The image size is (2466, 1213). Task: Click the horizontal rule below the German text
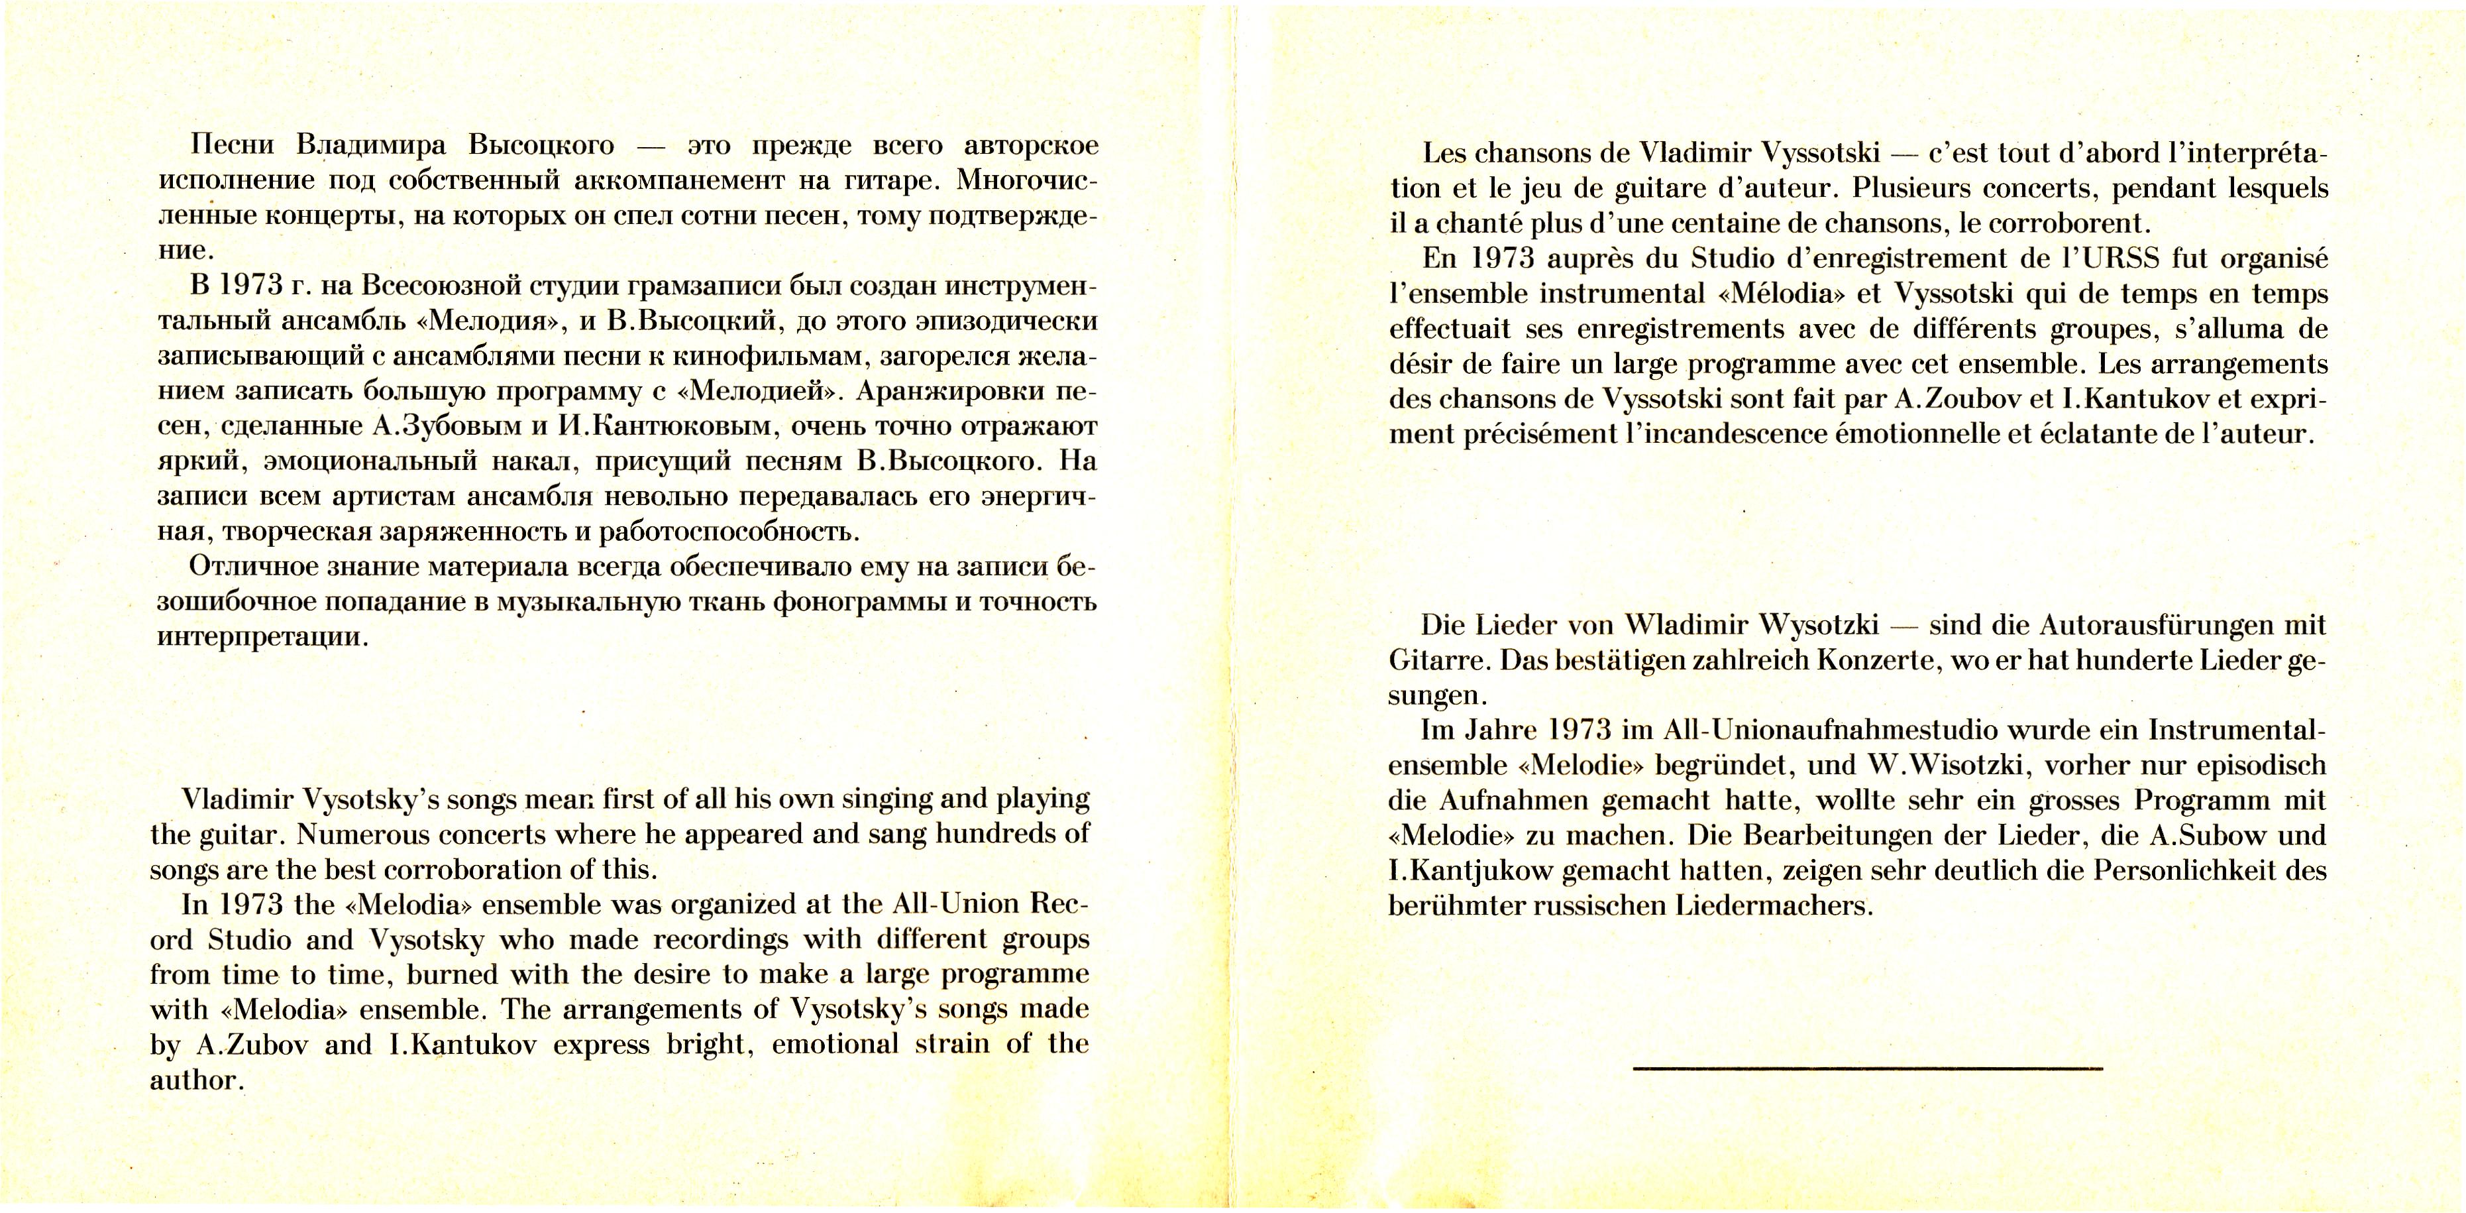coord(1867,1067)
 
